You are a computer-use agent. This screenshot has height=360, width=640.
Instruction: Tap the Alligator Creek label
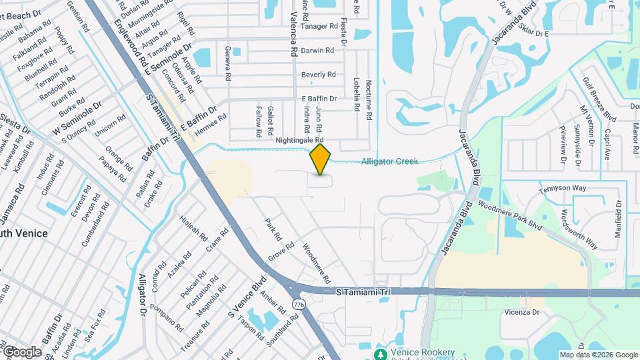point(390,161)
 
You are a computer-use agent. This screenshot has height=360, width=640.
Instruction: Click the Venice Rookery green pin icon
point(381,353)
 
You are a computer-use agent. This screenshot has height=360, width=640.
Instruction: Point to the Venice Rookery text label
point(423,353)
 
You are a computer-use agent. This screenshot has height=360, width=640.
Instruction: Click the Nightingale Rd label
point(299,141)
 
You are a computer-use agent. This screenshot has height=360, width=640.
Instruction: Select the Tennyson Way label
point(563,188)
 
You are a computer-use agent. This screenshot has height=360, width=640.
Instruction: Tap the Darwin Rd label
point(317,51)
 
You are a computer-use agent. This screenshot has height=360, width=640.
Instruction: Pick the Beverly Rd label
point(318,75)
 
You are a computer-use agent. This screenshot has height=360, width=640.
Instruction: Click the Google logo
point(22,351)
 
